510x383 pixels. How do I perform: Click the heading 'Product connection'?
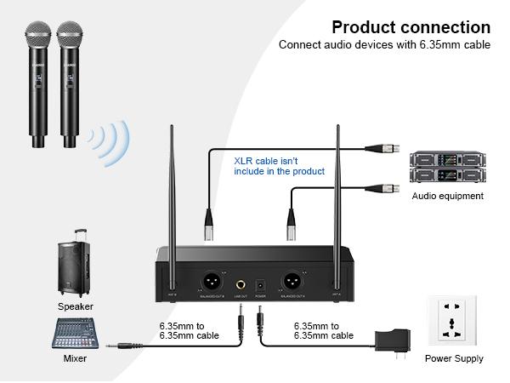[411, 27]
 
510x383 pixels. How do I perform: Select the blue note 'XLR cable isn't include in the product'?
[279, 165]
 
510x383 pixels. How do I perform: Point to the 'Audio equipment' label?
[448, 196]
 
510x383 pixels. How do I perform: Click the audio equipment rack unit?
[447, 169]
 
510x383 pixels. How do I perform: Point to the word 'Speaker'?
[76, 306]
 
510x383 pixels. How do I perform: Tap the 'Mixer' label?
[76, 359]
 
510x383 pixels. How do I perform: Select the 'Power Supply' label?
[454, 359]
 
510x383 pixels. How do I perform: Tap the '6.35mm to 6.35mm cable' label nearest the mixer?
[189, 330]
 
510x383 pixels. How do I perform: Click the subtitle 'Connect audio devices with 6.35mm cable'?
[384, 45]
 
